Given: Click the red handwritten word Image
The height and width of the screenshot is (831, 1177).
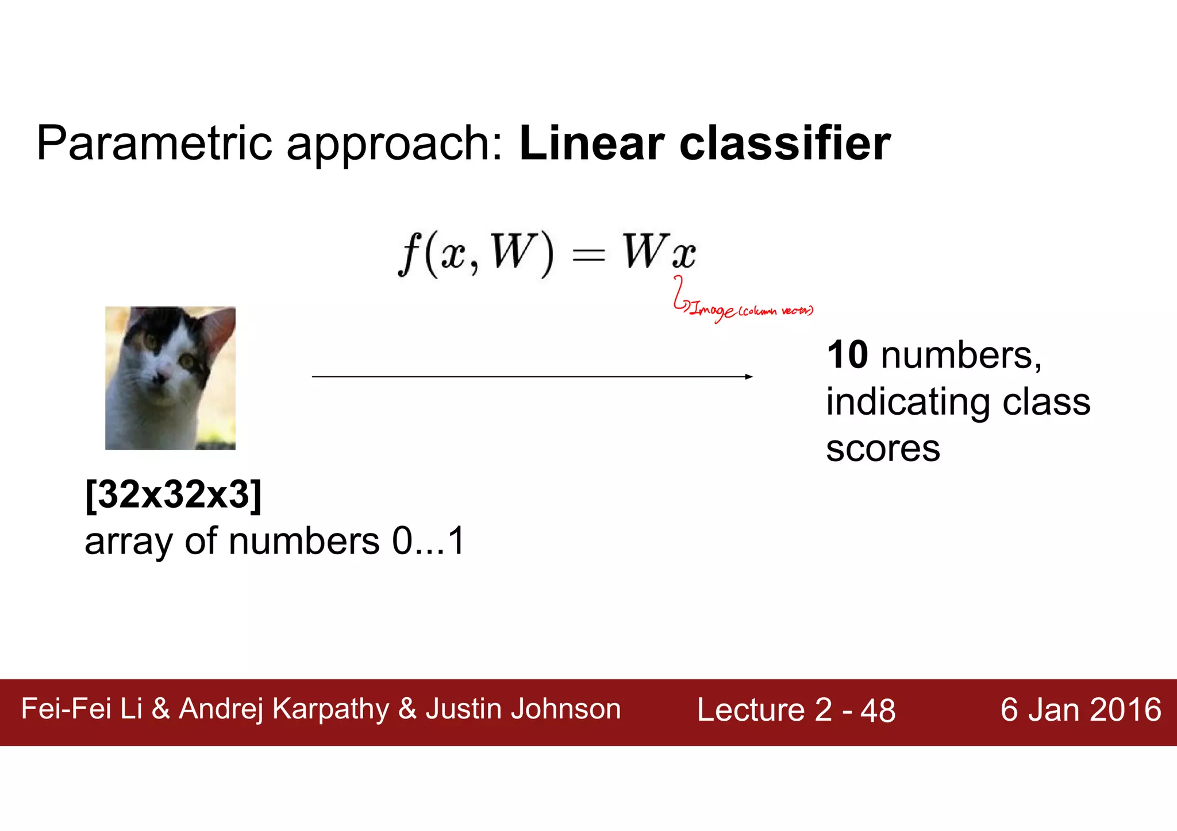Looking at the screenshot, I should [x=712, y=311].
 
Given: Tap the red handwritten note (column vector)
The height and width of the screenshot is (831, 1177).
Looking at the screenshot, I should [x=776, y=311].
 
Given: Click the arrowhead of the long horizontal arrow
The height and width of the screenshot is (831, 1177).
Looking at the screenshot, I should [x=748, y=377].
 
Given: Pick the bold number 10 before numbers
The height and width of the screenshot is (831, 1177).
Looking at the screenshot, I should [x=847, y=355].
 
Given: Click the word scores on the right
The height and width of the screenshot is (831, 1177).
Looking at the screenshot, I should [x=883, y=449].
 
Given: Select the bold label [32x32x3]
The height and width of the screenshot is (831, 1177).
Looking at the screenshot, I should [x=173, y=494].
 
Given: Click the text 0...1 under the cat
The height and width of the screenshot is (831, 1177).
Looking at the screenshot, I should [x=428, y=541].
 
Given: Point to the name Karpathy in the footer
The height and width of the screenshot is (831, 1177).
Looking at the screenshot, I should [x=330, y=709].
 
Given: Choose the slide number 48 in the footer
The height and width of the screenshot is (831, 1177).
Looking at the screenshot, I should [x=878, y=711].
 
